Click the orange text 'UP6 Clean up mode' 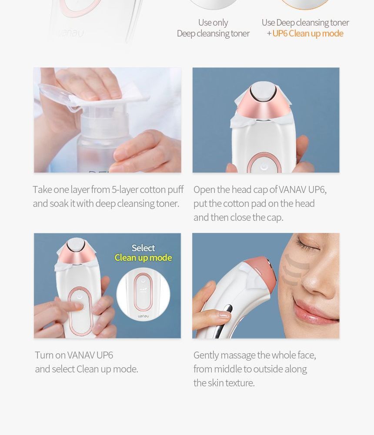point(307,33)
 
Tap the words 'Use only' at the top point(213,22)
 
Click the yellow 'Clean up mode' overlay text point(143,258)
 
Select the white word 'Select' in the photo point(143,248)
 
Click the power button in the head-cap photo point(264,166)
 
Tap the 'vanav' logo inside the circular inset point(143,316)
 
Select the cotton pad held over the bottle point(109,98)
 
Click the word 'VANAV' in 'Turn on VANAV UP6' point(81,355)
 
